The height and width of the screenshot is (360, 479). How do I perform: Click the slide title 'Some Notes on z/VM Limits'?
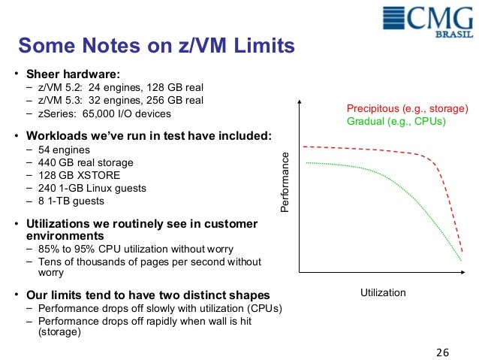155,47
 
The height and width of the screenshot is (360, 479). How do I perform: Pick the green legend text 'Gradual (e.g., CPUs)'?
396,121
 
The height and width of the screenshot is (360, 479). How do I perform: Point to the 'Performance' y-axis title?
284,181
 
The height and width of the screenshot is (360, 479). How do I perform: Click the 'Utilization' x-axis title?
383,292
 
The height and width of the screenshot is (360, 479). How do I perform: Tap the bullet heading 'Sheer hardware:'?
73,74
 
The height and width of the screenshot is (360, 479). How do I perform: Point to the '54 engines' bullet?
62,150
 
